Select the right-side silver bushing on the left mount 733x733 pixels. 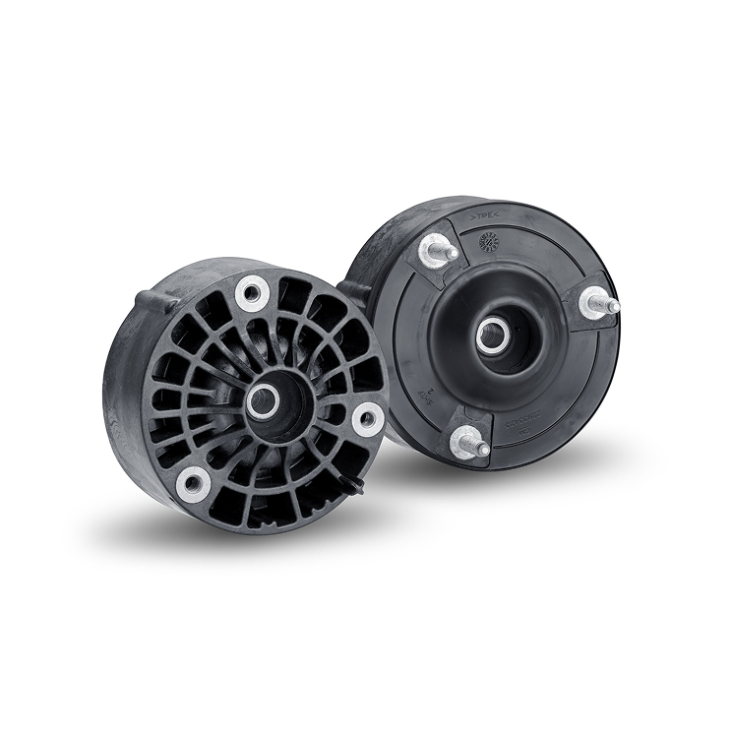point(368,418)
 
